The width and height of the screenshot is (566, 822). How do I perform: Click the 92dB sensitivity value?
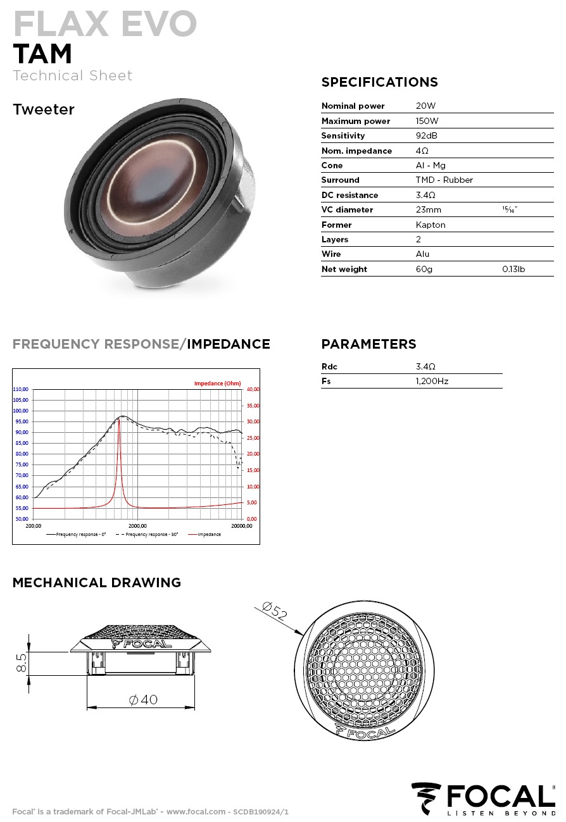(426, 135)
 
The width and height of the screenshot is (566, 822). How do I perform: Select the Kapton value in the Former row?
(430, 225)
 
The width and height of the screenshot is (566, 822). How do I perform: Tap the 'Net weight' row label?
(344, 269)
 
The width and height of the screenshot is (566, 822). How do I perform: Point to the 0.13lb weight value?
(513, 269)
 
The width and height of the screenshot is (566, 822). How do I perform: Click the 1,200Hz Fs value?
(432, 381)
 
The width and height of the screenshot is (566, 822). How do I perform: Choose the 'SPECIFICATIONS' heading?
(379, 82)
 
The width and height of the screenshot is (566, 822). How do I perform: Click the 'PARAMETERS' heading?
(368, 344)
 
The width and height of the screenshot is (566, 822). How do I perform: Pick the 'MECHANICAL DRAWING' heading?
(96, 583)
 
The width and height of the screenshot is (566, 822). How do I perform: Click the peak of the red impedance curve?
(119, 419)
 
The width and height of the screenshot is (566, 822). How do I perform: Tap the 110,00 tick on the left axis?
(21, 389)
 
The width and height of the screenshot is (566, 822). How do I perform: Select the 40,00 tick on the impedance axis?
(253, 389)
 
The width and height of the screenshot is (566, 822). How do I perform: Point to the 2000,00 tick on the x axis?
(137, 526)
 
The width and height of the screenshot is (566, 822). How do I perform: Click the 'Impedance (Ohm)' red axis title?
(217, 383)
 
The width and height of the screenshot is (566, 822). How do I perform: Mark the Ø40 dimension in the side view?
(143, 700)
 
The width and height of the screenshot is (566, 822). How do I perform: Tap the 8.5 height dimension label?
(22, 663)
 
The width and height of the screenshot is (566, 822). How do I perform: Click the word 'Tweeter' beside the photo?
(44, 109)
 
